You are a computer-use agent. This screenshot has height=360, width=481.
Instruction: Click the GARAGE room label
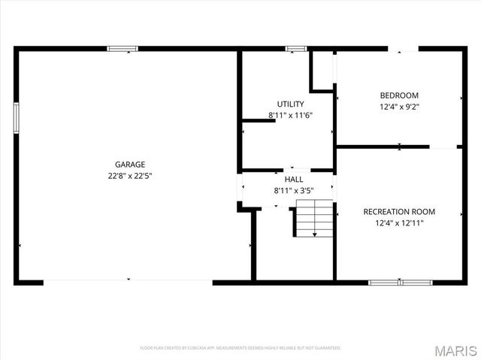[x=130, y=164]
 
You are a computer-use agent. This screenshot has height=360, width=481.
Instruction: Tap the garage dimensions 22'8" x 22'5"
[x=130, y=175]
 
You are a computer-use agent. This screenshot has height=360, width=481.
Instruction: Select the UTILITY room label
[x=290, y=104]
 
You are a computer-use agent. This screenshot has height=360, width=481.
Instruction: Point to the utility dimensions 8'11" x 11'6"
[x=290, y=115]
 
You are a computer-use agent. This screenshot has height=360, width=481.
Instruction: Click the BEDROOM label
[x=399, y=95]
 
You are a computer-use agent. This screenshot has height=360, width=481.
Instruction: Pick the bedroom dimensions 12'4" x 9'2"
[x=399, y=107]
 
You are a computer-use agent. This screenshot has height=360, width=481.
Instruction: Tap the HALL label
[x=294, y=180]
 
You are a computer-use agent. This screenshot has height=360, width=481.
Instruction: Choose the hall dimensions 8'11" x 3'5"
[x=294, y=191]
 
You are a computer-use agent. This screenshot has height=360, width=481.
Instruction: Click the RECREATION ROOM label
[x=399, y=211]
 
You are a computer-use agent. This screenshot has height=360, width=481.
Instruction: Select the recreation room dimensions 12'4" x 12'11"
[x=399, y=222]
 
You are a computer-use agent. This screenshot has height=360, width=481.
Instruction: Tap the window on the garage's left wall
[x=16, y=118]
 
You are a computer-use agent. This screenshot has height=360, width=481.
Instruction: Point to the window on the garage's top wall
[x=123, y=49]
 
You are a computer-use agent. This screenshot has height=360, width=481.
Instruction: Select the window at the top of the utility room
[x=295, y=49]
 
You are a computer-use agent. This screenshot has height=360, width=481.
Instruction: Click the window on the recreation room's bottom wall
[x=400, y=283]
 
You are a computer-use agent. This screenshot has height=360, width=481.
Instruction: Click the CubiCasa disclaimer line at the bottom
[x=240, y=348]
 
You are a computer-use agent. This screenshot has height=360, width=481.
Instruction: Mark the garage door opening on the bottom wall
[x=128, y=282]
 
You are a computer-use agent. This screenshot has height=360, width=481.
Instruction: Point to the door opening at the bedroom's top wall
[x=404, y=50]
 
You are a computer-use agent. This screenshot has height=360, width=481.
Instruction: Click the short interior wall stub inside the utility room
[x=259, y=122]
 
